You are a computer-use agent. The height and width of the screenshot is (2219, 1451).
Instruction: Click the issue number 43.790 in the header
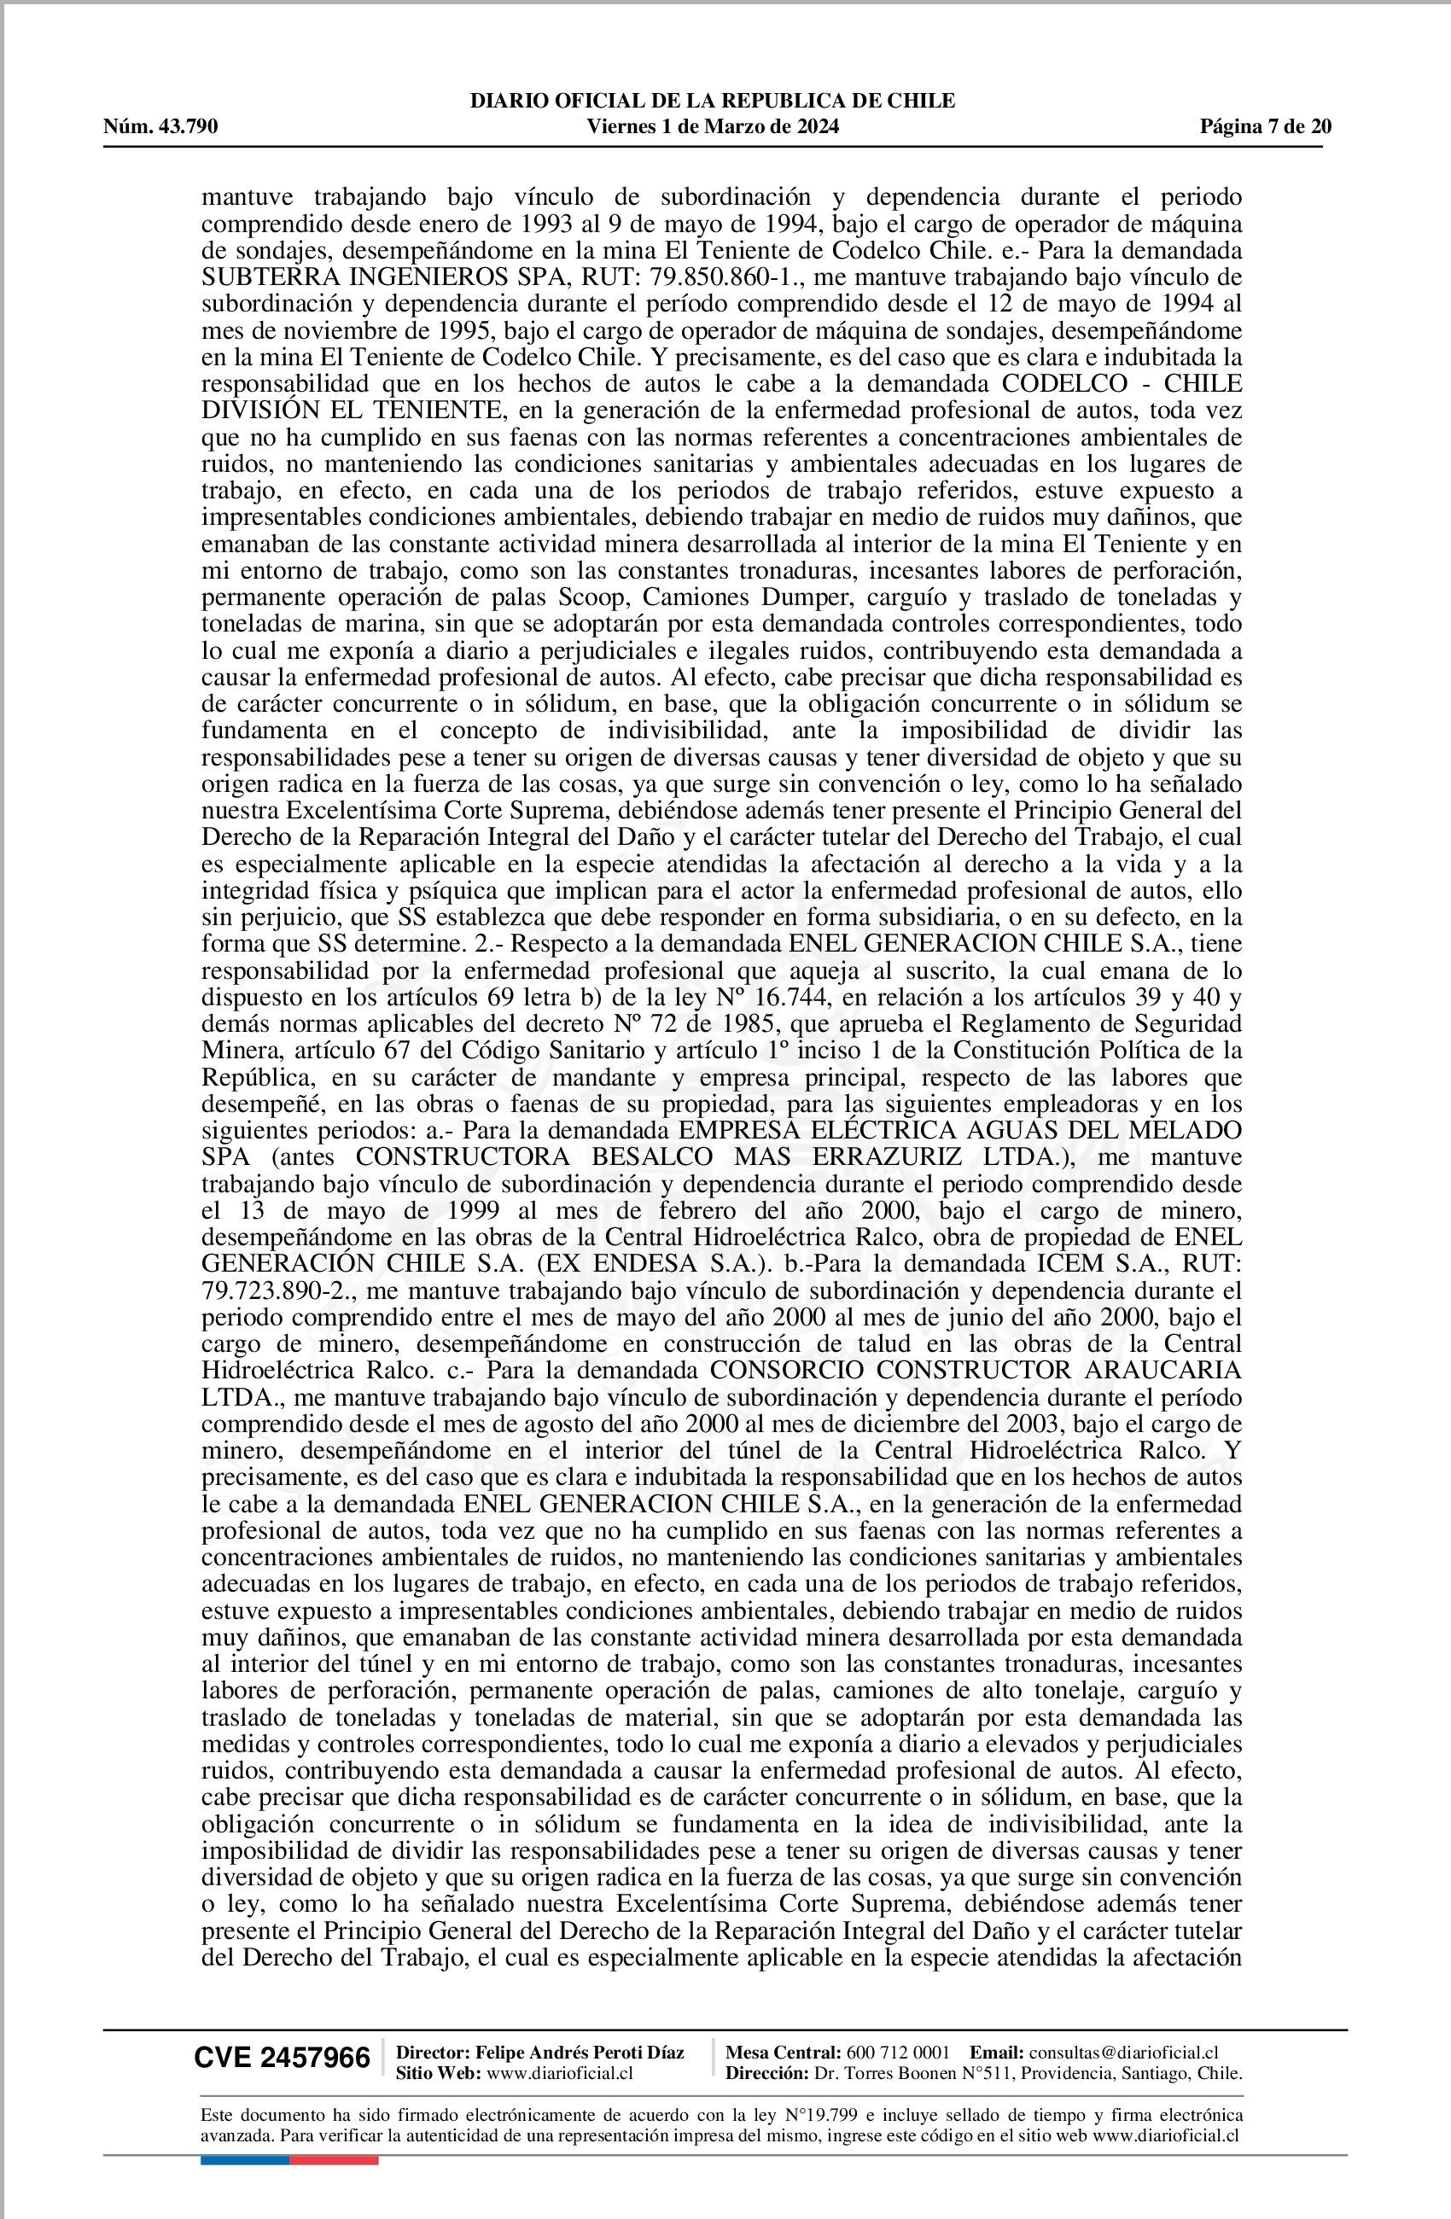click(188, 127)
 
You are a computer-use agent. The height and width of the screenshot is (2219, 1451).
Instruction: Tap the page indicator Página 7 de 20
click(1266, 127)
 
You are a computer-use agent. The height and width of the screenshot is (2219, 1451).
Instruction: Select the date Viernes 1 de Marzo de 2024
click(713, 127)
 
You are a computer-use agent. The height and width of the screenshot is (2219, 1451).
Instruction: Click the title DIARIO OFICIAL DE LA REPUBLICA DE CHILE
click(713, 101)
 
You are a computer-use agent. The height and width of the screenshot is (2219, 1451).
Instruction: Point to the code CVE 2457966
click(282, 2057)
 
